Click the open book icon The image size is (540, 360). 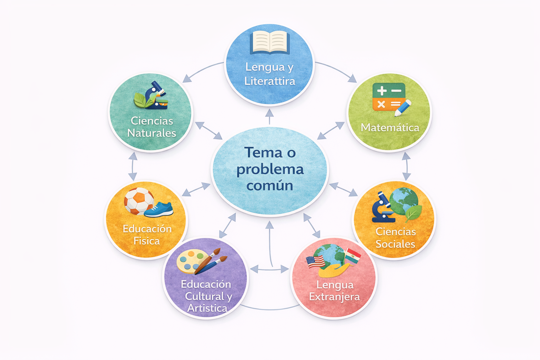(270, 43)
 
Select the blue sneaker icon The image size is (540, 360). (159, 210)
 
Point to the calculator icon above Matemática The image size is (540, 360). (389, 97)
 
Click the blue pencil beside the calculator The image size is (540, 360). (403, 108)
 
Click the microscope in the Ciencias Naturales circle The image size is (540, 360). (155, 95)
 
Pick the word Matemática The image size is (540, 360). (390, 128)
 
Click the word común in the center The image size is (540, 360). (270, 186)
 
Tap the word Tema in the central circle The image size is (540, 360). (263, 153)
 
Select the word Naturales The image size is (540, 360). (152, 133)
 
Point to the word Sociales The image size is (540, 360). (396, 244)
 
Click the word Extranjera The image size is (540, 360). (335, 297)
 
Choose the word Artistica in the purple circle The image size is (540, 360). (207, 308)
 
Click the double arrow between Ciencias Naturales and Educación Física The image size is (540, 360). (133, 166)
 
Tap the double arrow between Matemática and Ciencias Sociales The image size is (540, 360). (406, 166)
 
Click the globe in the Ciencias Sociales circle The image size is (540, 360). (404, 201)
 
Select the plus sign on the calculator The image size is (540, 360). (382, 91)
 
